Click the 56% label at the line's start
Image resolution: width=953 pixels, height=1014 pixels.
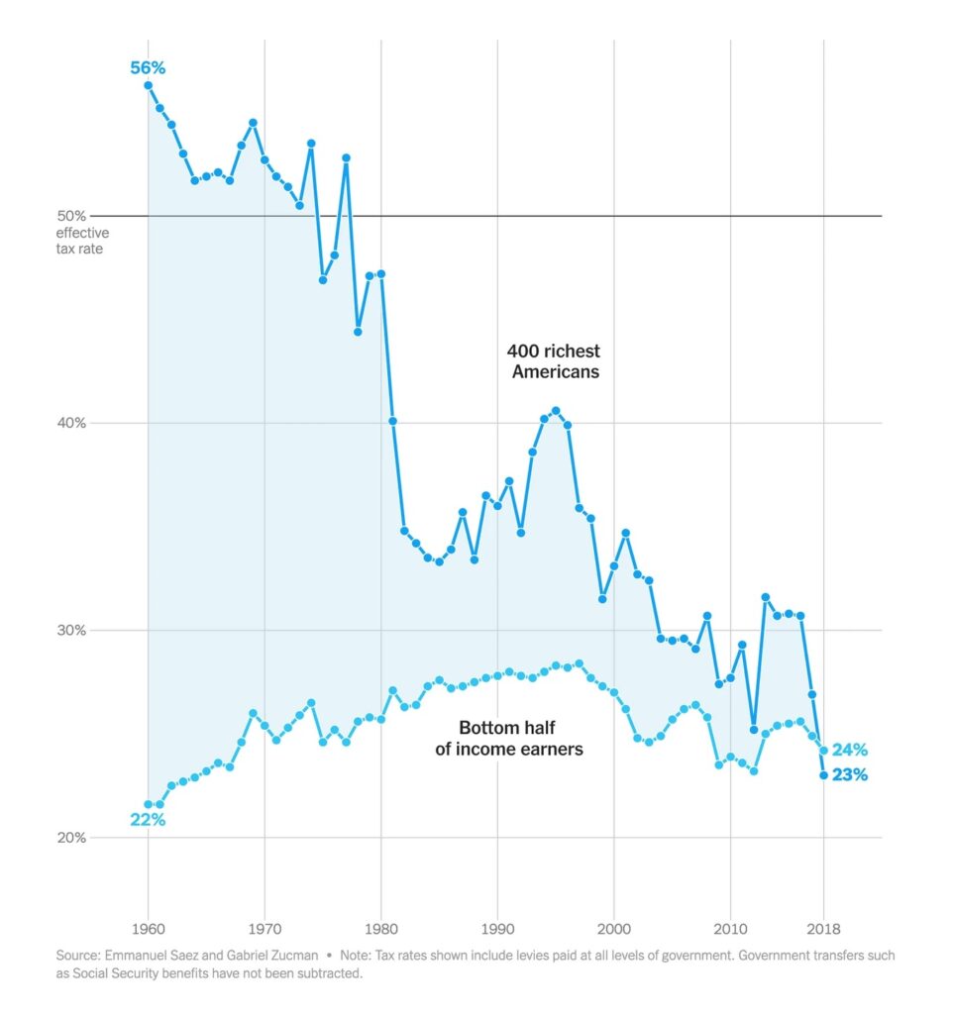tap(148, 68)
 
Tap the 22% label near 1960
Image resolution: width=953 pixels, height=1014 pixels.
tap(148, 820)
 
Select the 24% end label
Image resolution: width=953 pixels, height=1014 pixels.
tap(850, 750)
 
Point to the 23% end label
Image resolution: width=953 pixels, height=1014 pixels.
tap(849, 775)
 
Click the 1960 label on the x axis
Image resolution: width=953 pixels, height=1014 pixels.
tap(149, 931)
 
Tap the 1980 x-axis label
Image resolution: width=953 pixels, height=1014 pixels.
tap(381, 931)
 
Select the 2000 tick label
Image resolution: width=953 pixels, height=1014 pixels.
tap(614, 931)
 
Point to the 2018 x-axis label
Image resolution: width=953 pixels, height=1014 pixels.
tap(824, 931)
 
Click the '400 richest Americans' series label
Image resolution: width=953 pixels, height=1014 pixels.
tap(554, 361)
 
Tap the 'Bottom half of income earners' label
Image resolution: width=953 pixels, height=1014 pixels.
tap(509, 739)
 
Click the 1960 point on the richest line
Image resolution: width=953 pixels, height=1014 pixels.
tap(149, 85)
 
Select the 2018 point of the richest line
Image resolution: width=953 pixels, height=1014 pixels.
tap(823, 775)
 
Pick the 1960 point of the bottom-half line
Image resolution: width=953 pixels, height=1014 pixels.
tap(149, 805)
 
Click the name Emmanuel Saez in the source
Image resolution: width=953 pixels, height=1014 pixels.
tap(148, 958)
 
